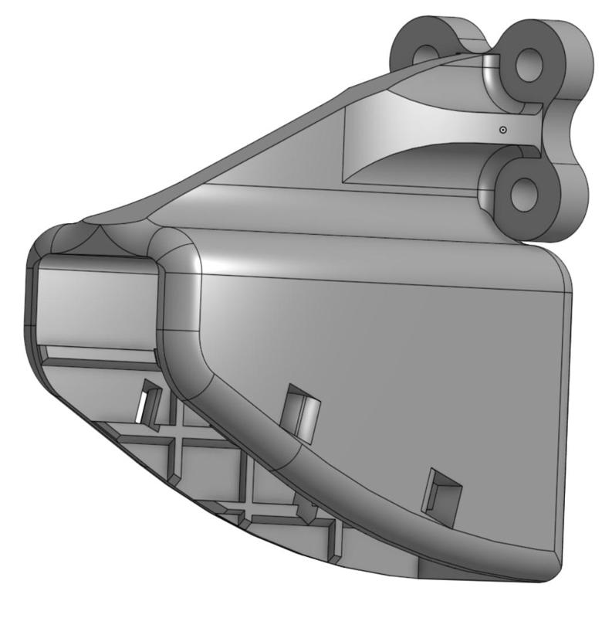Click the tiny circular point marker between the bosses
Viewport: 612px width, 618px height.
[502, 130]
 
